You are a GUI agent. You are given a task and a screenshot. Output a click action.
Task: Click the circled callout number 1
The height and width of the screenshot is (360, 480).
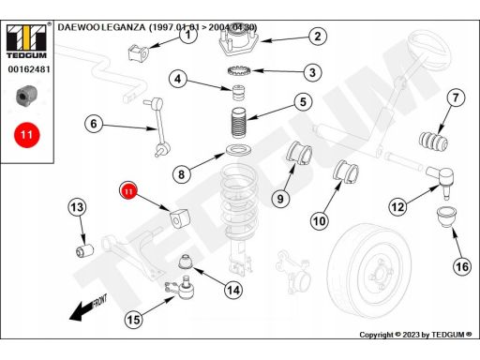(187, 35)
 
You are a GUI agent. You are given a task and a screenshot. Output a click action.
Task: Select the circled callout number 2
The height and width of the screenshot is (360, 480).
(318, 37)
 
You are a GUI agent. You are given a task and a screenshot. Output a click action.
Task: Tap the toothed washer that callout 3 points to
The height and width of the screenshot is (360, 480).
(240, 71)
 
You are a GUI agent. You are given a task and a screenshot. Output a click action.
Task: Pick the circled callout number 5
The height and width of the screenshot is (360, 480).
(303, 102)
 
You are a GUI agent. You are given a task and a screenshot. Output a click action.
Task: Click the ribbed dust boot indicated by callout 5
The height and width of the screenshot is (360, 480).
(239, 123)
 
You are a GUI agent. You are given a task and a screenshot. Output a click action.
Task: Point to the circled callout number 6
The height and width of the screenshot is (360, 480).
(94, 124)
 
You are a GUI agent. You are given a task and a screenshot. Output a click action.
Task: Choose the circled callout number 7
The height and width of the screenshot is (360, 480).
(456, 97)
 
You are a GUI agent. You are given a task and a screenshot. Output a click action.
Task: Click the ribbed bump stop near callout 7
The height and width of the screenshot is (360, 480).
(433, 142)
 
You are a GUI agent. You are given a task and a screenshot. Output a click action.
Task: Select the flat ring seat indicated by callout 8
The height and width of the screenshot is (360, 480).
(239, 150)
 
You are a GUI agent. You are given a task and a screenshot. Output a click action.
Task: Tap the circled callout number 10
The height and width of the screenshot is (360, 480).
(319, 221)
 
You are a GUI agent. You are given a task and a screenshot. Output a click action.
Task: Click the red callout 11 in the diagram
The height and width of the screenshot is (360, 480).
(128, 190)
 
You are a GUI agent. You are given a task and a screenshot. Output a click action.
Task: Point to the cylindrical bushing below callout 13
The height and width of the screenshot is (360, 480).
(85, 251)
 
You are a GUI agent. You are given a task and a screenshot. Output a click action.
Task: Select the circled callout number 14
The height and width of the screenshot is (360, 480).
(233, 291)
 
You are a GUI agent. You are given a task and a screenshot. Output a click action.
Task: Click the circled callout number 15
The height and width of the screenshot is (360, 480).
(133, 320)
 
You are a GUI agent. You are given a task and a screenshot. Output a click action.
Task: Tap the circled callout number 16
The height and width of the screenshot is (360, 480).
(462, 266)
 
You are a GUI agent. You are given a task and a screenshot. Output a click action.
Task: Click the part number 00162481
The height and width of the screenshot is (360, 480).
(29, 69)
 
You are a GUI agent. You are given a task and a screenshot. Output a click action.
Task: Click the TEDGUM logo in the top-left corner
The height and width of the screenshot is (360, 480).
(26, 41)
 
